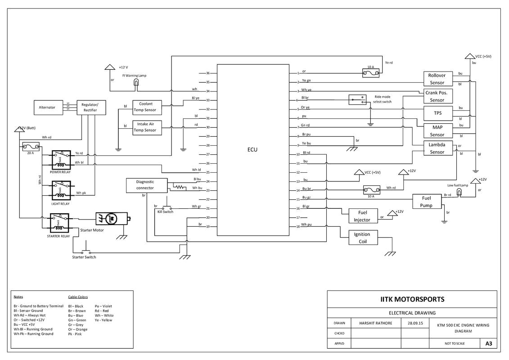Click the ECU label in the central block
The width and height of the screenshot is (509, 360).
[x=252, y=150]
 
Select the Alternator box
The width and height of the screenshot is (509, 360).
[x=47, y=107]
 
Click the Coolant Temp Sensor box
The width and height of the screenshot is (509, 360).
[x=145, y=107]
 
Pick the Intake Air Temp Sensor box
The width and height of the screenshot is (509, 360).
[x=145, y=127]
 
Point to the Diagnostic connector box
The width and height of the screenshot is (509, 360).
[x=146, y=185]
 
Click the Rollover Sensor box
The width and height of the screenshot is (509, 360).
[x=437, y=79]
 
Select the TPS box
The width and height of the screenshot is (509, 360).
[x=437, y=113]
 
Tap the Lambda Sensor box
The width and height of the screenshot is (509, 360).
[x=437, y=148]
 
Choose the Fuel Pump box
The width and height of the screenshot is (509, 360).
[x=426, y=202]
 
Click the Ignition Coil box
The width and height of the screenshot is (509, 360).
[x=362, y=238]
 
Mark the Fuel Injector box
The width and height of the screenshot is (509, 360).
[x=362, y=216]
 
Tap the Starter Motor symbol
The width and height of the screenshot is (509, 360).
[x=111, y=219]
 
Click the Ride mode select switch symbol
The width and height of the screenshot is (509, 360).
[x=357, y=100]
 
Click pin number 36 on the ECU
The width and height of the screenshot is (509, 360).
[x=208, y=73]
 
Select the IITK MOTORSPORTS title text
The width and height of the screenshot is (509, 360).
[x=412, y=299]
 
